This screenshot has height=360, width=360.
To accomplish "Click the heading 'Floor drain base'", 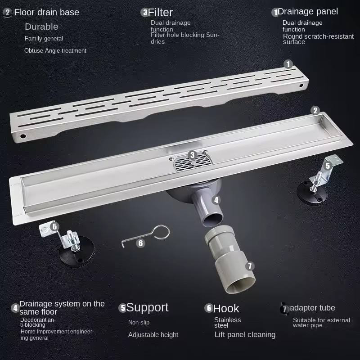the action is point(47,12).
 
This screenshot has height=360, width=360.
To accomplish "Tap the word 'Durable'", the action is point(41,27).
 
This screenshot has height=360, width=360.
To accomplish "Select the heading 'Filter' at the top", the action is point(160,13).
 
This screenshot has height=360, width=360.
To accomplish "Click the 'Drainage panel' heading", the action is point(308,12).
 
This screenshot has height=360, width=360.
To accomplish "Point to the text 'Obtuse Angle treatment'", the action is point(55,50).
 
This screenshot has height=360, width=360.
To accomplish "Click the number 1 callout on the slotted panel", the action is point(288,64).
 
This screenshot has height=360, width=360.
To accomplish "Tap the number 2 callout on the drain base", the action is point(315,110).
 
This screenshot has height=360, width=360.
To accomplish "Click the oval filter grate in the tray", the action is point(193,162).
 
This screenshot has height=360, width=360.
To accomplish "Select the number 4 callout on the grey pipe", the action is point(216,200).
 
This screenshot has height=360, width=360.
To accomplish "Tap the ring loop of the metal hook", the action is point(162,232).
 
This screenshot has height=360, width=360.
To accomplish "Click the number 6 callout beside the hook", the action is point(140,243).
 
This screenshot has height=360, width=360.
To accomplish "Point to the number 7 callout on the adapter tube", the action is point(250,266).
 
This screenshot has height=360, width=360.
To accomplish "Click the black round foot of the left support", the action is point(76,252).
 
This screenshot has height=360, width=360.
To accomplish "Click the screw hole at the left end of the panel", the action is point(23,136).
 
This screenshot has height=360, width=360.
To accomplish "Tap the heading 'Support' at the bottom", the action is point(147,308).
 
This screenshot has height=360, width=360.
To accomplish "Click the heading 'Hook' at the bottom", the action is point(226,309).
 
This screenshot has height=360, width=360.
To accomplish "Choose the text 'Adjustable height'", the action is point(153,335).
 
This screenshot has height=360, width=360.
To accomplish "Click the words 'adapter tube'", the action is point(312,308).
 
